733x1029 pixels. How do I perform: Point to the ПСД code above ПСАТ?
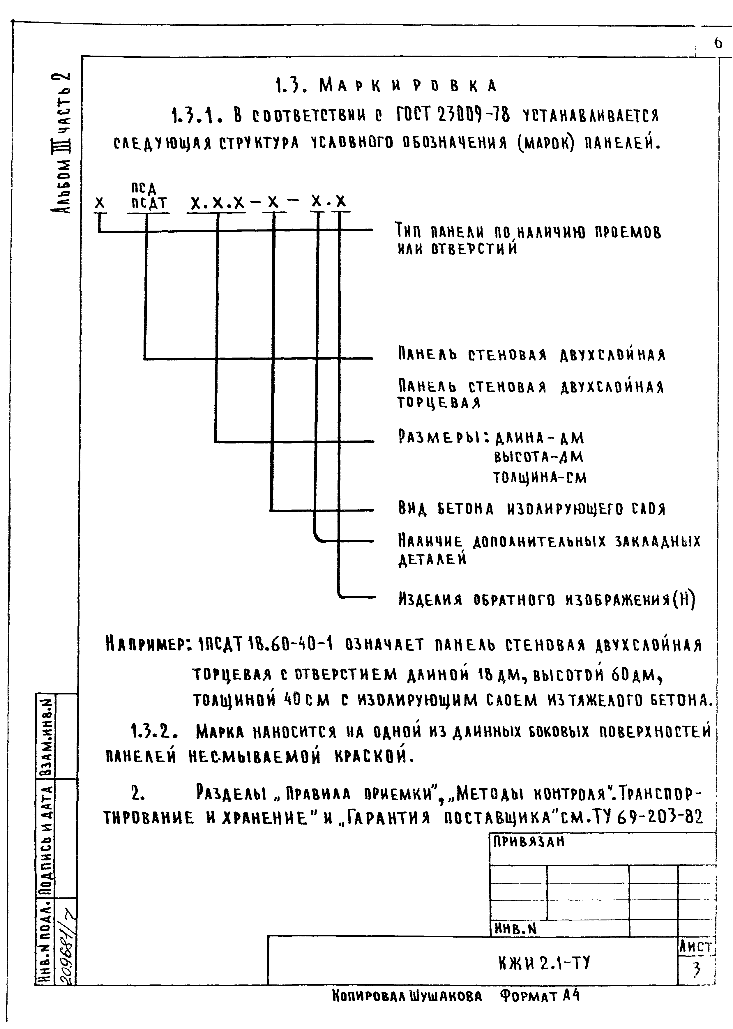pyautogui.click(x=144, y=188)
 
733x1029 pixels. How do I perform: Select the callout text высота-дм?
pyautogui.click(x=539, y=458)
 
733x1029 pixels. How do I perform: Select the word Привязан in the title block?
pyautogui.click(x=528, y=842)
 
